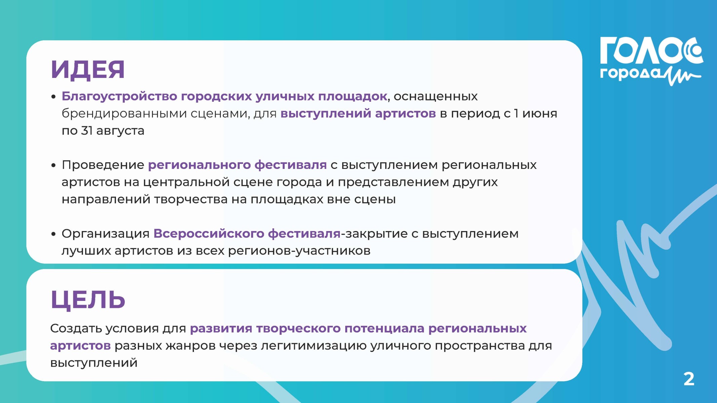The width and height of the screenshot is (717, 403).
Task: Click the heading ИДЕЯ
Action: click(88, 70)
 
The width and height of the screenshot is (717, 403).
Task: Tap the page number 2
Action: click(689, 379)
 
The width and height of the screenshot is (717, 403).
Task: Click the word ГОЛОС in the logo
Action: click(651, 51)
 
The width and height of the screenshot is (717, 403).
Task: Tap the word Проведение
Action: click(103, 165)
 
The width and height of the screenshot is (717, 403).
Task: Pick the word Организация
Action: click(106, 234)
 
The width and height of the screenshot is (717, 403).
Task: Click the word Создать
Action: click(76, 328)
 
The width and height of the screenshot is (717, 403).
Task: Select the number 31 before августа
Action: click(87, 131)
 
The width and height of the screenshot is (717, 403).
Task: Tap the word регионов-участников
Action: click(299, 251)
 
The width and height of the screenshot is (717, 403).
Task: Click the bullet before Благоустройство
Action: click(53, 97)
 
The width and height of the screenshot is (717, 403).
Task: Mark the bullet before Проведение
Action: click(53, 166)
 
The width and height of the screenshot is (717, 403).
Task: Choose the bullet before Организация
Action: click(53, 234)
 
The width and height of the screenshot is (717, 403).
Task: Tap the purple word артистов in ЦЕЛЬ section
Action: click(80, 346)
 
